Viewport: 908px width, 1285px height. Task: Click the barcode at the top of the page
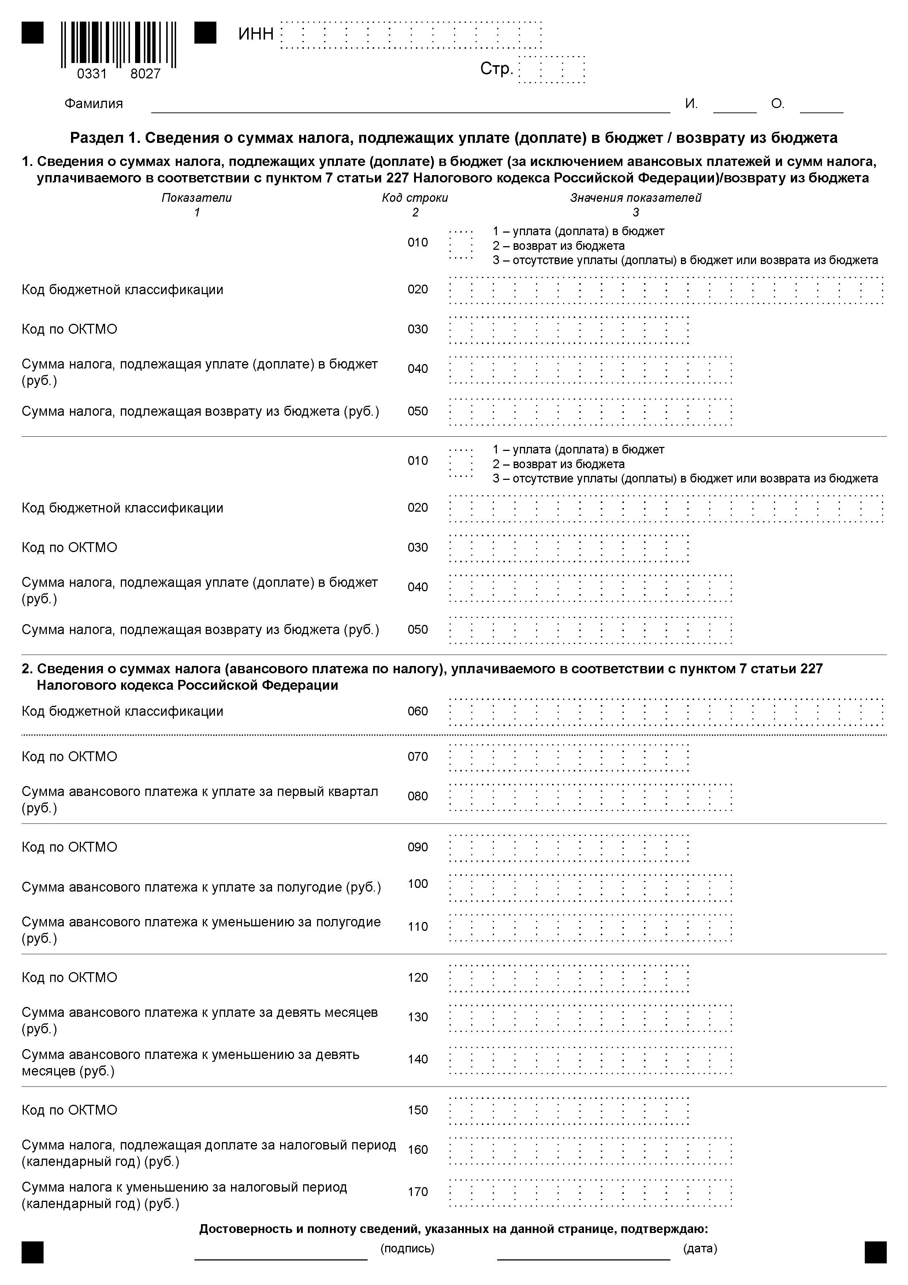coord(119,43)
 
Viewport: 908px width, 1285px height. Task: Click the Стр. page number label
coord(496,69)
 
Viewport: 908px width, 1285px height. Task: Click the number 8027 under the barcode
coord(145,74)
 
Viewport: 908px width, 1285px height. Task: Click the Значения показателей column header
coord(636,197)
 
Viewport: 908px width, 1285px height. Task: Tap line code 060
coord(417,711)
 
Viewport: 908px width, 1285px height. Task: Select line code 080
coord(417,796)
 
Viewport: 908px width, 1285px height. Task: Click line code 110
coord(417,927)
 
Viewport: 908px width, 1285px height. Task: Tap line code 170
coord(417,1192)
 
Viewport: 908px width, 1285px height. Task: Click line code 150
coord(417,1110)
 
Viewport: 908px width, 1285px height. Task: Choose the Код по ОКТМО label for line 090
coord(69,847)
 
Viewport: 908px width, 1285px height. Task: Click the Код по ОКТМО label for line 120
coord(69,978)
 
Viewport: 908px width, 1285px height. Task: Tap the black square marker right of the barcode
coord(205,33)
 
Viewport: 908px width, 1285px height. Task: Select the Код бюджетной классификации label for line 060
coord(123,711)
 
